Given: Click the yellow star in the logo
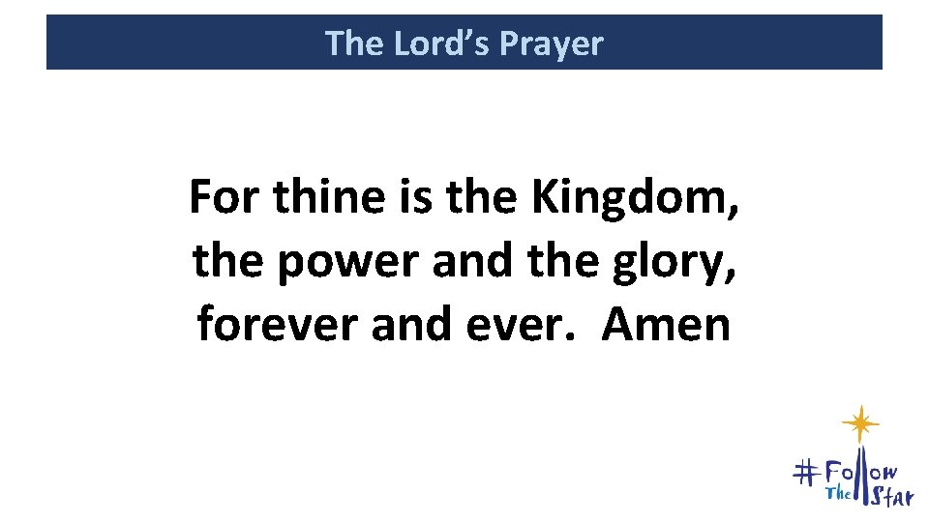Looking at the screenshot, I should (859, 424).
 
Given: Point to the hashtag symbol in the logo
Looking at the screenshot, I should (806, 473).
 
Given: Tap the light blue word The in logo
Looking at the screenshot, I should (837, 494).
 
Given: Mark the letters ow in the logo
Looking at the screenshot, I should (886, 472).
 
